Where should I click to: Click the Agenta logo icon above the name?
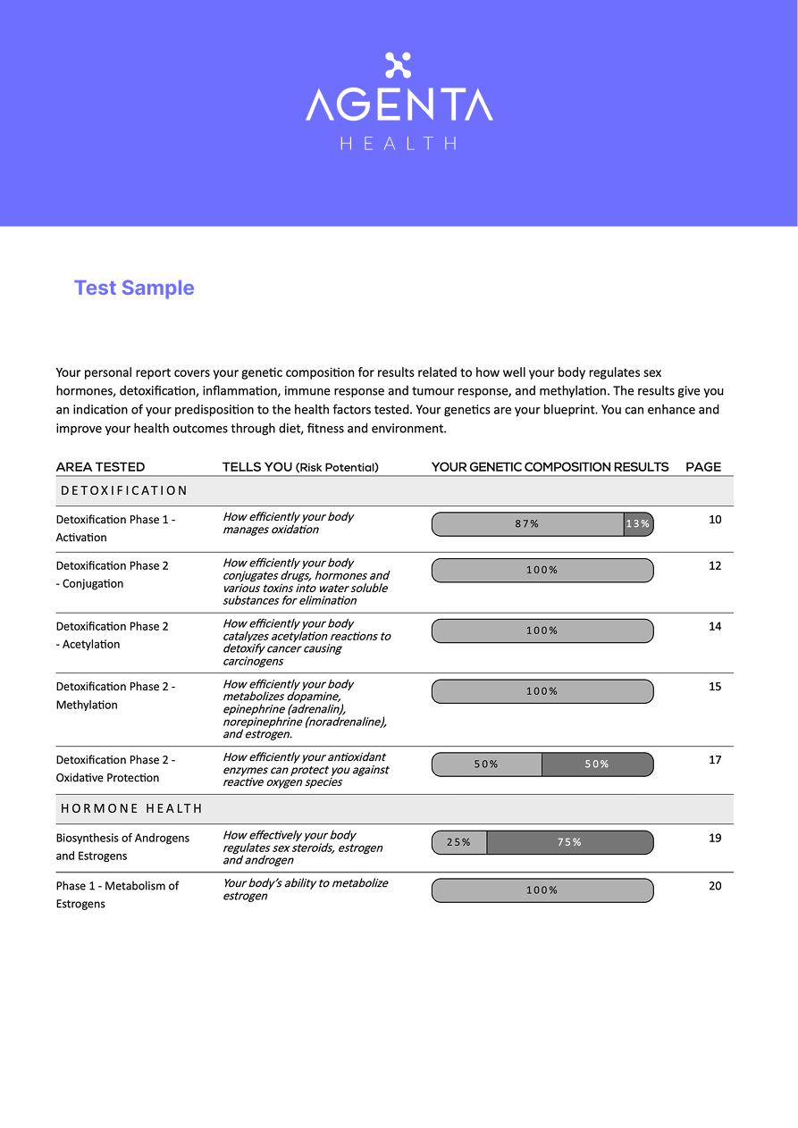(398, 65)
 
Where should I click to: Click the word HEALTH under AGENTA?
(399, 143)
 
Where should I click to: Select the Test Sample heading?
(134, 288)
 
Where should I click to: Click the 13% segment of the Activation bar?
(638, 524)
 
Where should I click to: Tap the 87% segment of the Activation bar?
(527, 524)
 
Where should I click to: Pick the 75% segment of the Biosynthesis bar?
(569, 842)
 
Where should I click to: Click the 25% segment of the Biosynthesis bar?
(459, 842)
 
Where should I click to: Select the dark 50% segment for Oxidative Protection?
(597, 765)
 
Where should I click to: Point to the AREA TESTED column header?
(100, 467)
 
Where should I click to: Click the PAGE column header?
(703, 467)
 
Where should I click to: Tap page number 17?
(715, 760)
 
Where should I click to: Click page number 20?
(715, 886)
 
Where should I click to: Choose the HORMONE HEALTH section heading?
(131, 808)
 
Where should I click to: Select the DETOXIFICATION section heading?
(124, 490)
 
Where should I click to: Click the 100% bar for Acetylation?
(542, 631)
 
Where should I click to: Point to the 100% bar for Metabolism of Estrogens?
(542, 890)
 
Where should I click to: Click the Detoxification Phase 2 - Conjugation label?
(112, 574)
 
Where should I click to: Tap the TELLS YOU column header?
(300, 467)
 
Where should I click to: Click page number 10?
(715, 520)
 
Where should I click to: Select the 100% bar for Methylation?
(542, 691)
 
